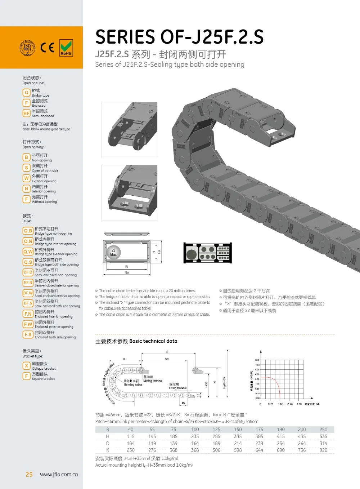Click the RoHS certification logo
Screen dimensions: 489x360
pos(66,48)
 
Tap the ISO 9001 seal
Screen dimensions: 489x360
pos(27,48)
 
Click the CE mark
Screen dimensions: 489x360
pos(47,48)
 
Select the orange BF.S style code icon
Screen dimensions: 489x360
pos(28,303)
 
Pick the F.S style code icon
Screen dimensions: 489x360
pos(28,335)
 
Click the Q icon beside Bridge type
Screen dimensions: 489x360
pos(26,93)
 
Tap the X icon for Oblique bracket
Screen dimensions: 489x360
pos(26,366)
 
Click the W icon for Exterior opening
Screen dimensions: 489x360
pos(26,178)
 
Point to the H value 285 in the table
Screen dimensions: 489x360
pos(216,436)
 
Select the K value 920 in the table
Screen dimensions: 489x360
pos(323,450)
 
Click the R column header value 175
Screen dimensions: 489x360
pos(259,430)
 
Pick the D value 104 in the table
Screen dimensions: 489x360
pos(131,443)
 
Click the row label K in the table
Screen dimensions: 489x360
pos(108,450)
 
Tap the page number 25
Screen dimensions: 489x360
pos(29,475)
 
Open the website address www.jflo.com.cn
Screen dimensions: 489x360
pos(59,475)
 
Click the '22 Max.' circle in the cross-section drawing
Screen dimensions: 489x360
pos(113,252)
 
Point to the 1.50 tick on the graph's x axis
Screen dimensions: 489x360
pos(280,404)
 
